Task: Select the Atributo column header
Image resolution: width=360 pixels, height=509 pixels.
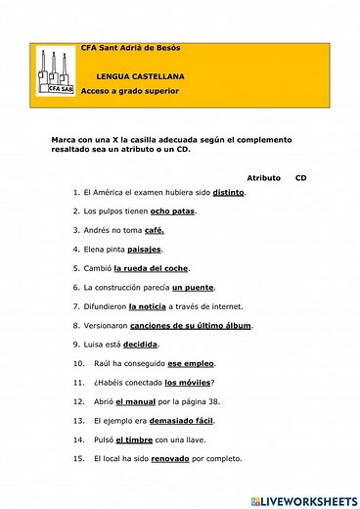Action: (x=263, y=178)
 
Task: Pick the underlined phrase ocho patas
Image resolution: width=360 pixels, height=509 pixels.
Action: (x=173, y=210)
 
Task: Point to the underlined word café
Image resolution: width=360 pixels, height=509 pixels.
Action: (x=154, y=230)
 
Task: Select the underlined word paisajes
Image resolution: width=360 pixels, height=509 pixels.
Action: (x=144, y=249)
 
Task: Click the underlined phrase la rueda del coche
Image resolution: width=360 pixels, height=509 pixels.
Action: (x=151, y=268)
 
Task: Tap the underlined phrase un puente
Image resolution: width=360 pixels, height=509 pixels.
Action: (x=192, y=287)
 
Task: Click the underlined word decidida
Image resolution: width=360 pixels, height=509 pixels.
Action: (x=140, y=345)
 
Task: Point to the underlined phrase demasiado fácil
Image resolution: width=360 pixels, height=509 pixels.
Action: (x=205, y=420)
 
